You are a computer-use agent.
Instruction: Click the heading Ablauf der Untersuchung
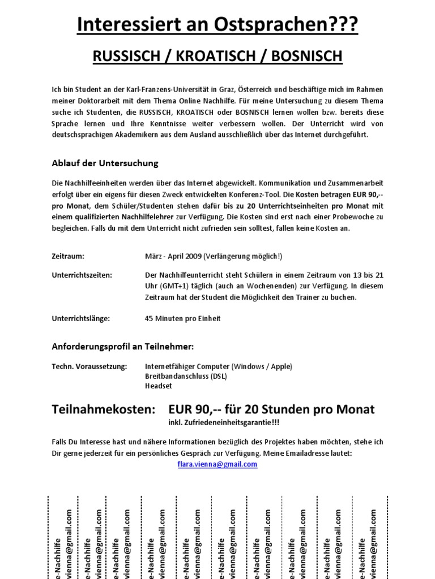(105, 163)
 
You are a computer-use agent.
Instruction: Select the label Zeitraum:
(68, 256)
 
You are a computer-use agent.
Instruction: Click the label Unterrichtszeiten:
(82, 275)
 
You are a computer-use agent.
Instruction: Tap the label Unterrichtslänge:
(80, 318)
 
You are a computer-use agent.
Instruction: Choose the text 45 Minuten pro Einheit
(182, 318)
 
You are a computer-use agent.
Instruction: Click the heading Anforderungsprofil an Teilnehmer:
(122, 346)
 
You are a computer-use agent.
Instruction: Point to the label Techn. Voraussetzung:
(89, 366)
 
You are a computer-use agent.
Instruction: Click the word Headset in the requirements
(159, 386)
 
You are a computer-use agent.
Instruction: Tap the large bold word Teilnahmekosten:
(103, 409)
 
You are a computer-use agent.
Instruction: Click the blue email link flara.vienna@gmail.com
(217, 464)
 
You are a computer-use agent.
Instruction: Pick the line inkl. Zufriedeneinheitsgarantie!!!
(224, 423)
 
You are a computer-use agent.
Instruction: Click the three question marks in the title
(344, 24)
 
